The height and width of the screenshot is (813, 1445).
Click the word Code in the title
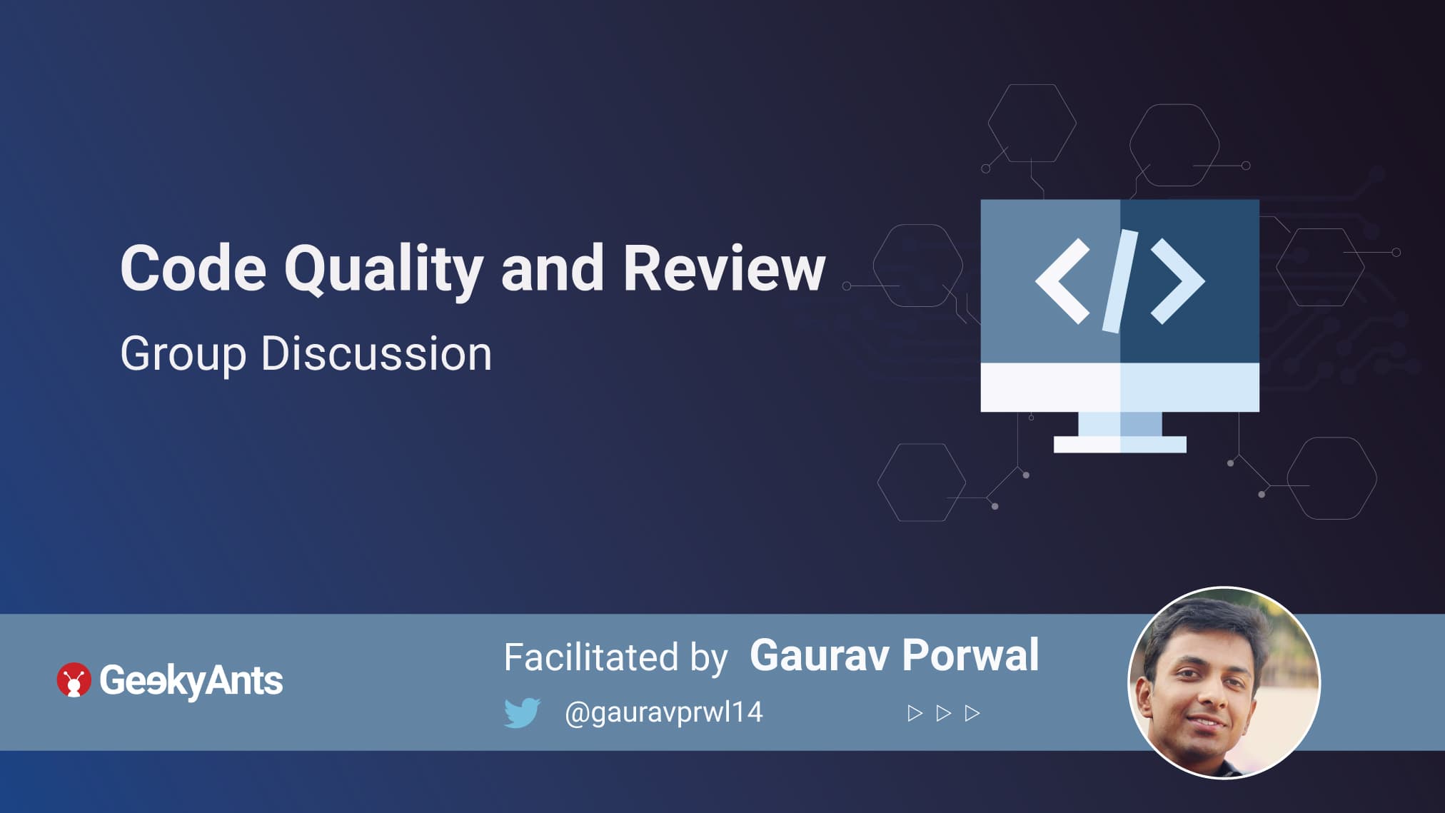click(193, 268)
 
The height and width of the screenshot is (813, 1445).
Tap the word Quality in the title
click(384, 271)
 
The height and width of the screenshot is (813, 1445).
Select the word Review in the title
click(724, 268)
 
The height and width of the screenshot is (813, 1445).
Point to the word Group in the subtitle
click(183, 355)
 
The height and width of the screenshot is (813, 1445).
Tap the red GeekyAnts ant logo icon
click(74, 680)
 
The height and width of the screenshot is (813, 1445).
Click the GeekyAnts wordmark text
click(191, 681)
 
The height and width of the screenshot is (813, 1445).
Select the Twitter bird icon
click(522, 712)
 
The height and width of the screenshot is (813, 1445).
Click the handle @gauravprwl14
click(663, 712)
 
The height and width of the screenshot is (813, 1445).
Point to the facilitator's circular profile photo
click(1224, 682)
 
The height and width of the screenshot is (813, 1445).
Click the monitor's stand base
click(1119, 445)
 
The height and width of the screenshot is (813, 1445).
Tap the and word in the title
click(553, 268)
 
